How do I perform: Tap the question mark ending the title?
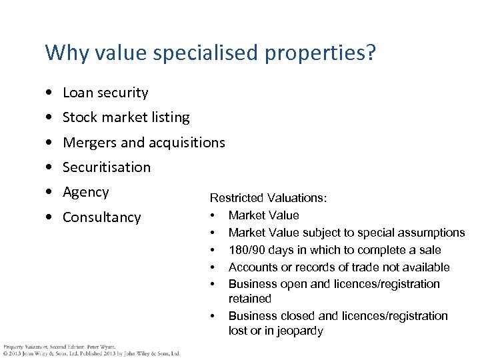coord(371,53)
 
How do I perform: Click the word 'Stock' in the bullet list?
coord(79,117)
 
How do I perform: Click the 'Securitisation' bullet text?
coord(107,167)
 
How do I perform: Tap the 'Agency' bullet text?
coord(85,193)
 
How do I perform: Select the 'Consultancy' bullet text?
coord(101,217)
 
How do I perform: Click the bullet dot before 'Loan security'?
coord(50,93)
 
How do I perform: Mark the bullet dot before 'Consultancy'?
coord(50,218)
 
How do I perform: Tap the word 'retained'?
coord(250,299)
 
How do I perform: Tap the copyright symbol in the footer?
coord(5,353)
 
